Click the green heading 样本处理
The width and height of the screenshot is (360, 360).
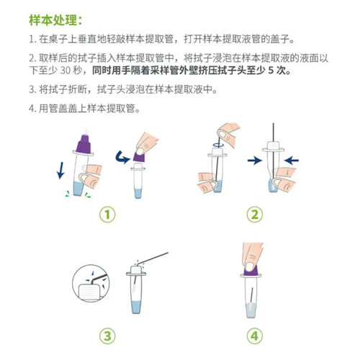pyautogui.click(x=53, y=20)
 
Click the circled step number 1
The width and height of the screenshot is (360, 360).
pyautogui.click(x=107, y=215)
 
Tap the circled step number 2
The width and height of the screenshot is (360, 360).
pyautogui.click(x=255, y=215)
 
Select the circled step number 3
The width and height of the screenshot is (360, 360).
pyautogui.click(x=107, y=336)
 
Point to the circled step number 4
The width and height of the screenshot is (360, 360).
pyautogui.click(x=255, y=336)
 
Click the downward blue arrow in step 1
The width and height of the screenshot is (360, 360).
pyautogui.click(x=60, y=171)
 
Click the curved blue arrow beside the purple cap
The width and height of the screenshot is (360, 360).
pyautogui.click(x=122, y=158)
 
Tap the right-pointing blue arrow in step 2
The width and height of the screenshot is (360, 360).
pyautogui.click(x=255, y=161)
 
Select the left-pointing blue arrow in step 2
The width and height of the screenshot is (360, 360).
pyautogui.click(x=291, y=161)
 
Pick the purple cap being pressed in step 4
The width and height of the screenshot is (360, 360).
pyautogui.click(x=251, y=271)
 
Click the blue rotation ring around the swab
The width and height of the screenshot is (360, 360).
pyautogui.click(x=218, y=145)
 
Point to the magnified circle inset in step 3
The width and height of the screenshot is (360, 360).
pyautogui.click(x=91, y=284)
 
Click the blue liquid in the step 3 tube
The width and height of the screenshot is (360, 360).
pyautogui.click(x=137, y=307)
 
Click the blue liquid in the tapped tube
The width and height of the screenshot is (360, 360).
pyautogui.click(x=78, y=189)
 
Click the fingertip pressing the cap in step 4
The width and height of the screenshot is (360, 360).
pyautogui.click(x=251, y=266)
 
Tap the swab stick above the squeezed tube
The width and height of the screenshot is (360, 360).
pyautogui.click(x=274, y=132)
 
